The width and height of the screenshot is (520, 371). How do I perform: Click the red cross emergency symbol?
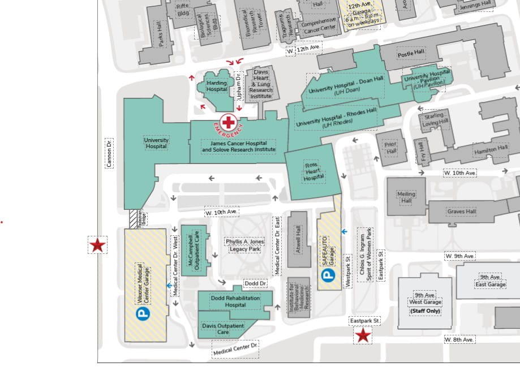click(x=229, y=122)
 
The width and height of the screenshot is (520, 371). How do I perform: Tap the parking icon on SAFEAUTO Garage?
click(x=328, y=275)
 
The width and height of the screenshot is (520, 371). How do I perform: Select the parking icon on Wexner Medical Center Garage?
click(x=143, y=312)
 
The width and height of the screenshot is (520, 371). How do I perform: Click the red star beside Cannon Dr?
click(x=97, y=245)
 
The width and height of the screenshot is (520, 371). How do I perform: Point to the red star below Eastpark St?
click(x=362, y=336)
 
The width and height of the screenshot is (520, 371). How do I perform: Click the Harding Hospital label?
click(x=217, y=87)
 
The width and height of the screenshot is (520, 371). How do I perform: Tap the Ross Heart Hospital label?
click(x=313, y=171)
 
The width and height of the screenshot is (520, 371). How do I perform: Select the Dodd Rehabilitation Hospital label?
click(x=235, y=301)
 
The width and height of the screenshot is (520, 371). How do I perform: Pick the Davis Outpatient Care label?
click(x=223, y=329)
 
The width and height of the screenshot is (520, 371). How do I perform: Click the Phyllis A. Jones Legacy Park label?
click(x=244, y=245)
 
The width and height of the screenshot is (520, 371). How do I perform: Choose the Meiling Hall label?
click(x=406, y=197)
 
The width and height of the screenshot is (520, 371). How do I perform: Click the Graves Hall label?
click(x=462, y=212)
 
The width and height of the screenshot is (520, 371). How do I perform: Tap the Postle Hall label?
click(x=411, y=54)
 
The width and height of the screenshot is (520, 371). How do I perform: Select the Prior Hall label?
click(x=390, y=148)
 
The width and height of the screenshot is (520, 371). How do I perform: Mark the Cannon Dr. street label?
click(x=109, y=153)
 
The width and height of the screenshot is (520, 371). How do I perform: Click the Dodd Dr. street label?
click(x=255, y=283)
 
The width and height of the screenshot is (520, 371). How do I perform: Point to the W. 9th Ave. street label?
click(x=459, y=256)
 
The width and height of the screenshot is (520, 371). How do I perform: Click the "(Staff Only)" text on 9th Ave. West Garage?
click(x=425, y=311)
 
